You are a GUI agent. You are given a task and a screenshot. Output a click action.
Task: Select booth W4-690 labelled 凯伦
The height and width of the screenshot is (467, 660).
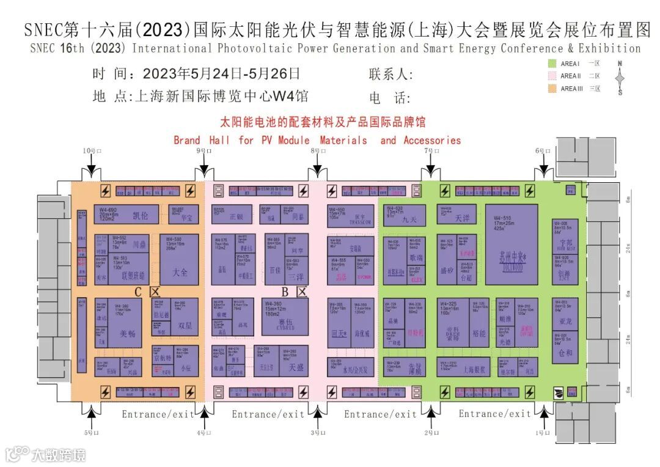point(127,215)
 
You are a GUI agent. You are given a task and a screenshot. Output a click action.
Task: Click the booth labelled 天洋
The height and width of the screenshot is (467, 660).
point(457,214)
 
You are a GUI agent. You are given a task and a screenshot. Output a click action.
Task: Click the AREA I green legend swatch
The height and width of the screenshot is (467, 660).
point(552,64)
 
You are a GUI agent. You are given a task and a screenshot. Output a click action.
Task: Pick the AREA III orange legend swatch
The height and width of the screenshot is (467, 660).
point(552,89)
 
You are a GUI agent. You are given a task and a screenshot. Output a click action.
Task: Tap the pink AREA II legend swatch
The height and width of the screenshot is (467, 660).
point(552,76)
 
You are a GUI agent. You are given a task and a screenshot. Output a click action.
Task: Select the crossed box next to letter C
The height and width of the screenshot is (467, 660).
point(154,292)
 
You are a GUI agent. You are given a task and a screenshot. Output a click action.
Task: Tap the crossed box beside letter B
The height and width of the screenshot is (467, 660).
point(301,292)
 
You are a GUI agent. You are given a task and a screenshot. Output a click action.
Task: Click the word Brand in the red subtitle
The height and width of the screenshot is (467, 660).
point(186,140)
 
